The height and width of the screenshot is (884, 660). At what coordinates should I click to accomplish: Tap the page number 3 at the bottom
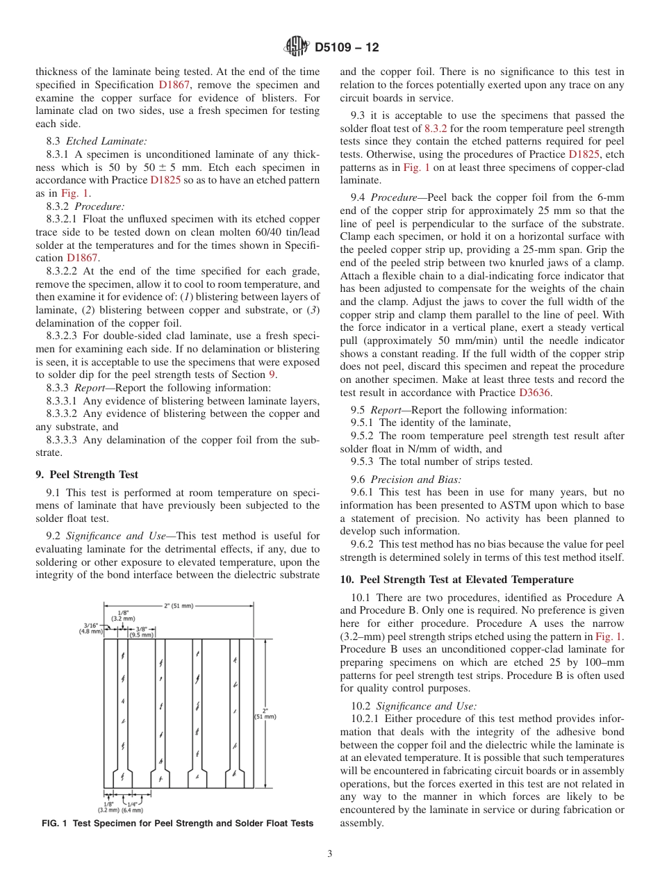(x=330, y=853)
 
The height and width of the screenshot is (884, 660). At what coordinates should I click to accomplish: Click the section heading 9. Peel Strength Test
(x=87, y=475)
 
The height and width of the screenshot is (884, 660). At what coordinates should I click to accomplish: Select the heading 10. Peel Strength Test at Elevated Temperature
(x=456, y=579)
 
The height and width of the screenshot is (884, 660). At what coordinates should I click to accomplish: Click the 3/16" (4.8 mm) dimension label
(x=92, y=628)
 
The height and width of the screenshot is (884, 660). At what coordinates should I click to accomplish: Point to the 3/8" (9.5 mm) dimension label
(x=142, y=631)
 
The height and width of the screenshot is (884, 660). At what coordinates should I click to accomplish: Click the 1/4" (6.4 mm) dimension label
(x=132, y=808)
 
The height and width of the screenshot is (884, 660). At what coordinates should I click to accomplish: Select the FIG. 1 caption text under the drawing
(x=177, y=824)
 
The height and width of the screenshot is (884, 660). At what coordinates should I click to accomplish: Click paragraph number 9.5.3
(x=363, y=461)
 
